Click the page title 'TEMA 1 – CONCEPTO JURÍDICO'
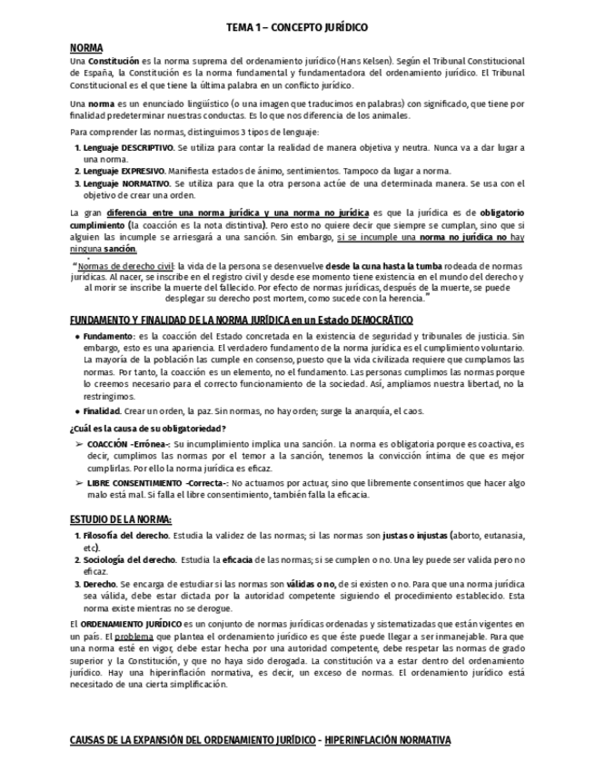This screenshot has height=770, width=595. click(x=297, y=28)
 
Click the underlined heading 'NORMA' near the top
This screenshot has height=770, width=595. click(x=86, y=47)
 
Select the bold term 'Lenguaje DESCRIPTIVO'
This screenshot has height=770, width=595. click(x=128, y=146)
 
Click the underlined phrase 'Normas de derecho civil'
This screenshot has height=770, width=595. click(x=120, y=265)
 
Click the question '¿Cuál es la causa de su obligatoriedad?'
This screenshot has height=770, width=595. click(x=147, y=428)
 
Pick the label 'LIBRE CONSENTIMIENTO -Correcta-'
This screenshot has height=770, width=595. click(x=157, y=486)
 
